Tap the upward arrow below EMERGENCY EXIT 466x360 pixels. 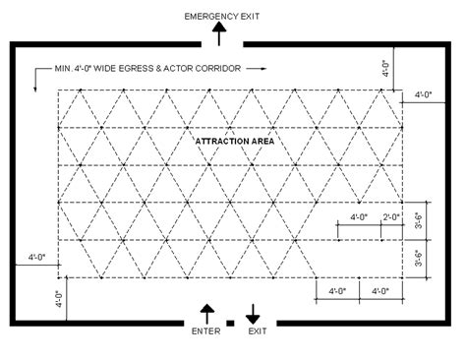[x=221, y=35]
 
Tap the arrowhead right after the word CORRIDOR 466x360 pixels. [x=262, y=70]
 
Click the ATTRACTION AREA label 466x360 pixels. [x=234, y=142]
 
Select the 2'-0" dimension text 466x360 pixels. [x=392, y=216]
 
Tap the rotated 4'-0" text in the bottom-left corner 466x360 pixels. [x=58, y=299]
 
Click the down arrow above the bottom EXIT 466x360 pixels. [x=253, y=313]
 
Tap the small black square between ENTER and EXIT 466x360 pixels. [x=230, y=322]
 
